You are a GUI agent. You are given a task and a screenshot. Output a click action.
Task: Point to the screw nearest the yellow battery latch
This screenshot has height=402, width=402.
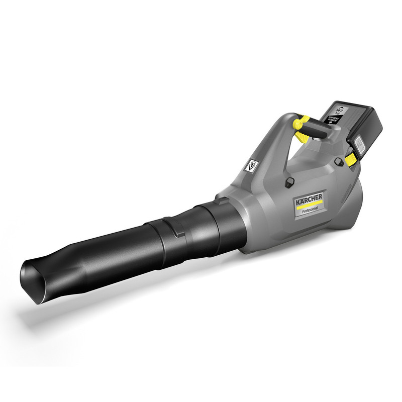coord(339,161)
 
